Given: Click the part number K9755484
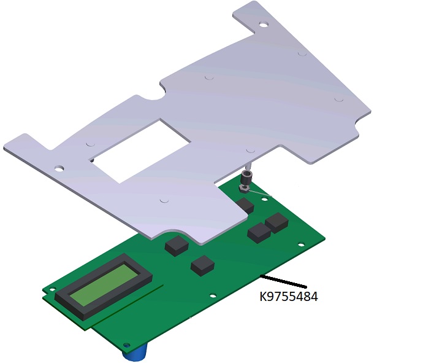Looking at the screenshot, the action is (289, 297).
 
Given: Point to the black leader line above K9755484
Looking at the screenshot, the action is (284, 281).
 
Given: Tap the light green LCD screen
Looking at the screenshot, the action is (104, 284).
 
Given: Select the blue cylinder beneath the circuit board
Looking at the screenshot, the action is (135, 352).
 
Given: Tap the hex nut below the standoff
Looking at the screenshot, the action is (243, 189).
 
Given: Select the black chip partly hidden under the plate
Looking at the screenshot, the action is (246, 206).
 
